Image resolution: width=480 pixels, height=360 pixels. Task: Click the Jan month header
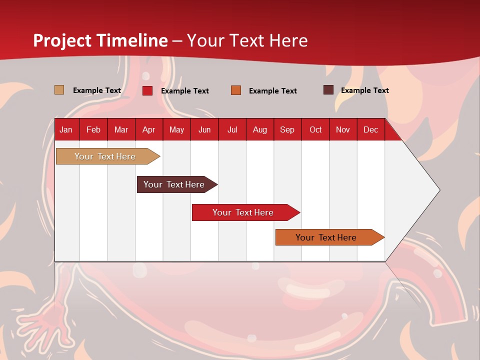66,129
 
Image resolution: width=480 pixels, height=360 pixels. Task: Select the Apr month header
148,129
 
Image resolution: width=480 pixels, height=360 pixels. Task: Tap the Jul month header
232,129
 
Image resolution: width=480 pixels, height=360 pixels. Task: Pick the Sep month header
287,129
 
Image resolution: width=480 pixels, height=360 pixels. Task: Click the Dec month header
370,129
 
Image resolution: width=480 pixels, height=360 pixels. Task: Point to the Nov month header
342,129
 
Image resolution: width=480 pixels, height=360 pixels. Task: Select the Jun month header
204,129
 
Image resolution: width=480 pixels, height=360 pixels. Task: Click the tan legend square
59,90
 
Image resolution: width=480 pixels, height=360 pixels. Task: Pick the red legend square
147,90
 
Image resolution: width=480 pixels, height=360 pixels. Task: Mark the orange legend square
236,90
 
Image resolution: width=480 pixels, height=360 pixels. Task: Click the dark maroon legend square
328,90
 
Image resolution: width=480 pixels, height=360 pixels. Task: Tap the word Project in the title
62,40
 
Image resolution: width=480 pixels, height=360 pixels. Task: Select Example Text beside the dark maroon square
364,90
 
